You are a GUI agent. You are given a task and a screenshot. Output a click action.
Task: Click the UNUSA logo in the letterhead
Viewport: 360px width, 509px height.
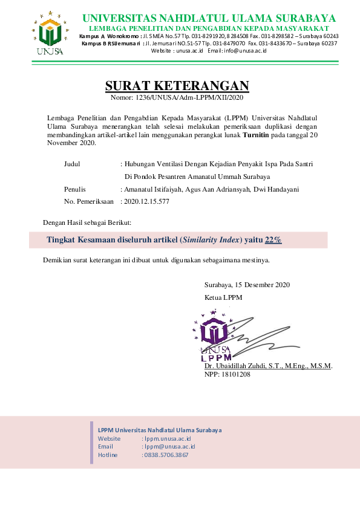pyautogui.click(x=47, y=34)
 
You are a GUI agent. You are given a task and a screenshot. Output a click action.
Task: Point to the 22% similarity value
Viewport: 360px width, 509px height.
pyautogui.click(x=273, y=240)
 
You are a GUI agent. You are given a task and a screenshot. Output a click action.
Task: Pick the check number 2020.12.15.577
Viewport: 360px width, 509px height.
pyautogui.click(x=146, y=201)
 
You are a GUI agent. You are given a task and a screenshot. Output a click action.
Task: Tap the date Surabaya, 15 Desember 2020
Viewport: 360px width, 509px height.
pyautogui.click(x=247, y=285)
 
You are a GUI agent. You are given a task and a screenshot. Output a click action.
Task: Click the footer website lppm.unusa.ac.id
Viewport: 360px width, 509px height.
pyautogui.click(x=168, y=438)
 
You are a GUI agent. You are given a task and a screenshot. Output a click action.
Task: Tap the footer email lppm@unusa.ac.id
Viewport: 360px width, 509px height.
pyautogui.click(x=169, y=446)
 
